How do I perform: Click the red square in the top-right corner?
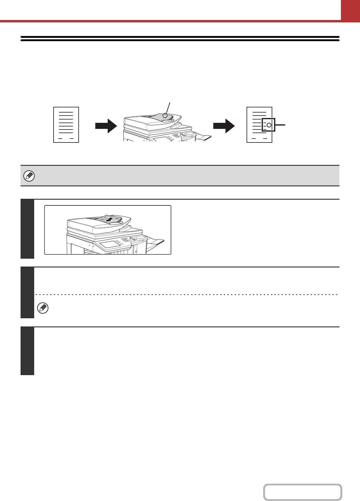(350, 10)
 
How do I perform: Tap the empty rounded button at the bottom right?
(303, 492)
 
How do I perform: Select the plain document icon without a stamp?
(66, 124)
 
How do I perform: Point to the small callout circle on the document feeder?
(165, 115)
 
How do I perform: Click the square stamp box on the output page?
(268, 125)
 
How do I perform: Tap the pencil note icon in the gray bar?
(29, 176)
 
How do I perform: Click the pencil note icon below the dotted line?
(43, 308)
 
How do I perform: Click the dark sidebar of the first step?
(27, 229)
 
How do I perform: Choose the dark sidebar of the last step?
(27, 351)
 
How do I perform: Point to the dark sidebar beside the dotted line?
(27, 293)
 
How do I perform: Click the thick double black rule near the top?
(180, 38)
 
